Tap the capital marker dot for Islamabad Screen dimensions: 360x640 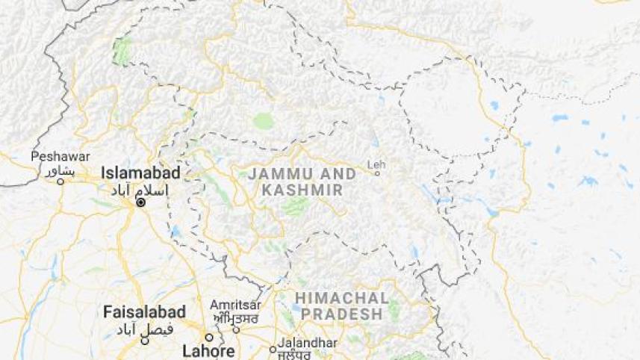point(140,202)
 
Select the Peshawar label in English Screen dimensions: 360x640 point(60,157)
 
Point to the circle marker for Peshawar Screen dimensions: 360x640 point(60,181)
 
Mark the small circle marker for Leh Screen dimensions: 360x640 point(377,174)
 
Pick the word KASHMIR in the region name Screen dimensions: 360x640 point(302,190)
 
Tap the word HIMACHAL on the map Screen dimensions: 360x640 point(343,298)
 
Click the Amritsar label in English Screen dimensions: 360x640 point(235,305)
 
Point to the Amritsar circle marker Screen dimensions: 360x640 point(235,329)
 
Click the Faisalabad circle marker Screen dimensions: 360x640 point(145,341)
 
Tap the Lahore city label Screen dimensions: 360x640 point(208,350)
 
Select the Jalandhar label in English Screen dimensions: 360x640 point(308,343)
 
